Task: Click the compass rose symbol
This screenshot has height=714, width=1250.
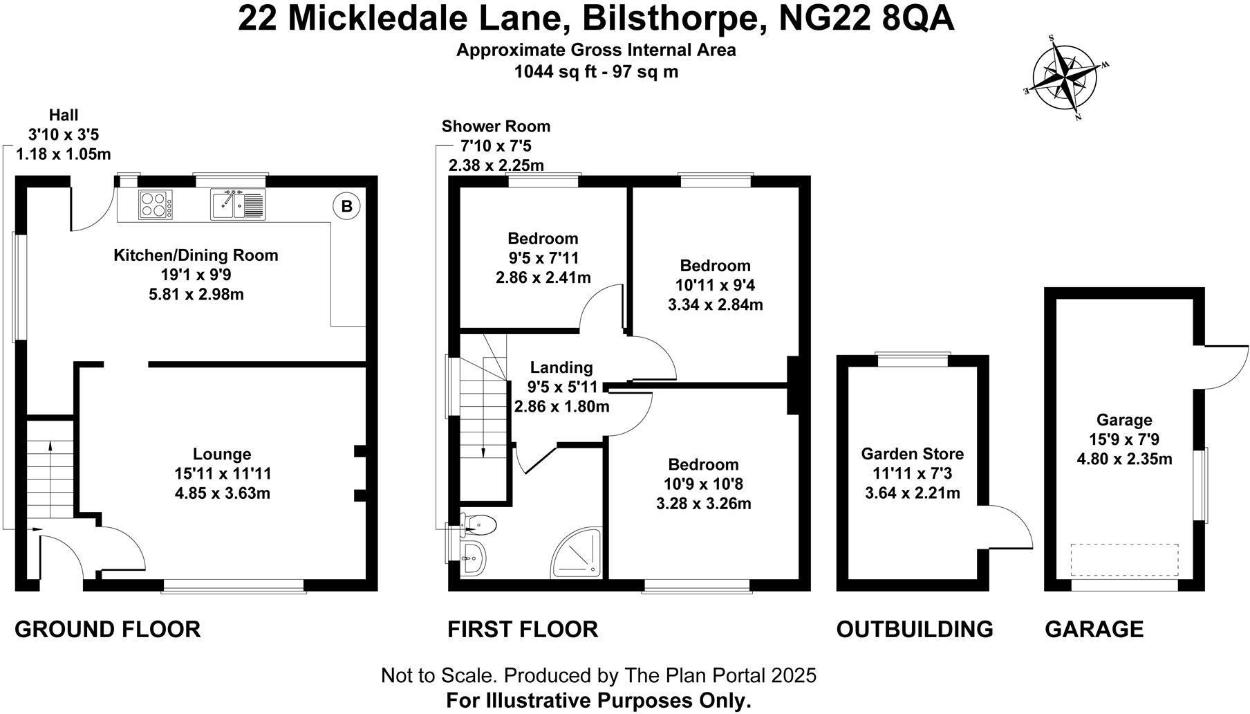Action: coord(1065,77)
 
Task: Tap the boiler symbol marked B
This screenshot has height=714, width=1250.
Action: coord(347,206)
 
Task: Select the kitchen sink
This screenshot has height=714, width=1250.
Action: coord(237,204)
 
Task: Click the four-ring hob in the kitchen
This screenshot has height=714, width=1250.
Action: coord(155,205)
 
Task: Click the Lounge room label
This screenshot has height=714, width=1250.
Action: coord(221,454)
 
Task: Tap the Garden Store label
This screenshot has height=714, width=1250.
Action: coord(912,454)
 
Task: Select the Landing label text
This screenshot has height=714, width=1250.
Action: coord(561,367)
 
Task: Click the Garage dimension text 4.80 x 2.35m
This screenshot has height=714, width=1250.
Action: coord(1124,458)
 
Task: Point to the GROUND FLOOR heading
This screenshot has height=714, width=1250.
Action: coord(107,629)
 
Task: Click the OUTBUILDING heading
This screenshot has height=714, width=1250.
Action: coord(914,629)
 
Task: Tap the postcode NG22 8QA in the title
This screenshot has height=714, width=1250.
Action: coord(866,19)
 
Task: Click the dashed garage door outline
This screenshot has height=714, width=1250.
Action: coord(1124,559)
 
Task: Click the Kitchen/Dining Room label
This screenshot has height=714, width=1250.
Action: coord(196,255)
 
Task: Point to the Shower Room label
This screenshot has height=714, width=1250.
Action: coord(496,126)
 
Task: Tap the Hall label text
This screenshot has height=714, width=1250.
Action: coord(64,115)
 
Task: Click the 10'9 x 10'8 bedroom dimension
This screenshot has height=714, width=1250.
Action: coord(703,484)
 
